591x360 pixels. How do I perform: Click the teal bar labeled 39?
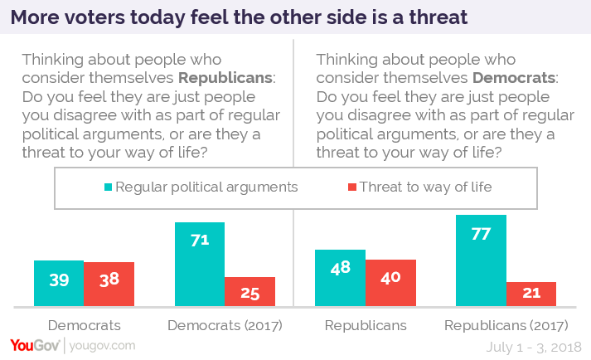[59, 283]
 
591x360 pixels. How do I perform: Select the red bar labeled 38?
[109, 284]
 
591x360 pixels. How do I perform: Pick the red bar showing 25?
[249, 291]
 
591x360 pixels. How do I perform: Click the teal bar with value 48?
[341, 277]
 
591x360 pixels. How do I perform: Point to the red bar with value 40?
[390, 282]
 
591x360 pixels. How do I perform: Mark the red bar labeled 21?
[531, 294]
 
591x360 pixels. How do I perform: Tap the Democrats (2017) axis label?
[224, 326]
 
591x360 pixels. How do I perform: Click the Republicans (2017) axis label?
[506, 326]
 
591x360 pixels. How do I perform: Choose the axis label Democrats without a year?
[84, 326]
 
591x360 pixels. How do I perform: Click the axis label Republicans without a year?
[366, 326]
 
